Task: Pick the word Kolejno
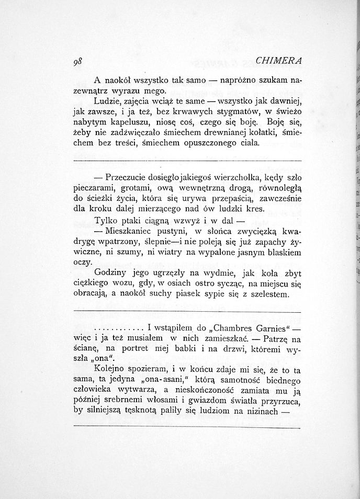coord(110,369)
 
